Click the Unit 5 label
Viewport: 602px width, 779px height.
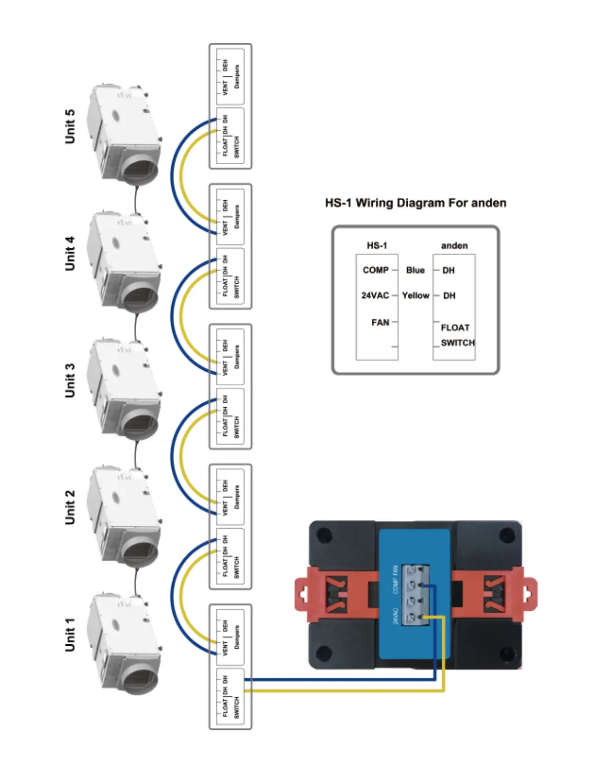click(70, 126)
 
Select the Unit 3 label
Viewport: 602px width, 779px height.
click(70, 381)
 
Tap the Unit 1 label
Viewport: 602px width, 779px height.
click(70, 634)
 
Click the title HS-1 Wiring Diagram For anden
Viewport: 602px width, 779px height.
click(416, 203)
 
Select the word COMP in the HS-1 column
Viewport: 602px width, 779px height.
click(376, 270)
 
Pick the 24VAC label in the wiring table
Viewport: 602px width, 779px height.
click(375, 296)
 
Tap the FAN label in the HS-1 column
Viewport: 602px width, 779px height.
click(380, 323)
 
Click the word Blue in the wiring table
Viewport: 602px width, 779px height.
click(415, 270)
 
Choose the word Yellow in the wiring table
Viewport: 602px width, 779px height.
click(416, 296)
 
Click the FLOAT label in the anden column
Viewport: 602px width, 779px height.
click(455, 328)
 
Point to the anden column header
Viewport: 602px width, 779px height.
click(454, 245)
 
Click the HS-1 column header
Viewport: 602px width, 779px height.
click(377, 245)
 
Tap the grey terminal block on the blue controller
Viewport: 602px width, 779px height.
click(416, 595)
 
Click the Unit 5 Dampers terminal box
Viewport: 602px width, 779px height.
click(230, 76)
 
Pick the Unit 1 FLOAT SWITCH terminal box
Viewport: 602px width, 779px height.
click(230, 698)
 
